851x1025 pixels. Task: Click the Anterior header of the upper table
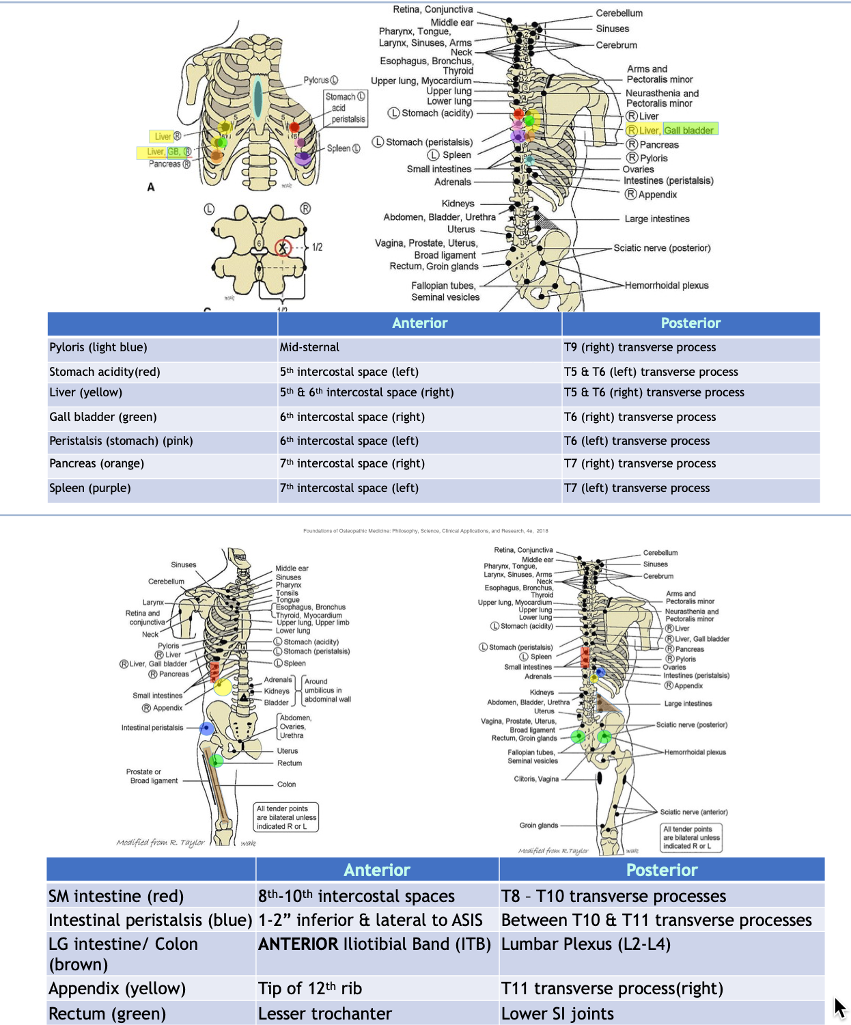coord(419,323)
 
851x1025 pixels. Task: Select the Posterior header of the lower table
coord(661,870)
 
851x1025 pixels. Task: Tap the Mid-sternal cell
coord(309,347)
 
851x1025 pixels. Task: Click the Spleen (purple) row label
coord(90,488)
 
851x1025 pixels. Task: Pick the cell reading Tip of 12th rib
coord(310,988)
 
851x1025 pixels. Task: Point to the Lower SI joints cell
coord(557,1013)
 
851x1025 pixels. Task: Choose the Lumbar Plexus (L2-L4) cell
coord(585,944)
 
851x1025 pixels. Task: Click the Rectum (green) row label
coord(107,1013)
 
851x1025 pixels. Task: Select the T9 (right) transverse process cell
coord(639,347)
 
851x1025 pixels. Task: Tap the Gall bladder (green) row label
coord(103,417)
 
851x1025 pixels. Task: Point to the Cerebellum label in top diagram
coord(619,13)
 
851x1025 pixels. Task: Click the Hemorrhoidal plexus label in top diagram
coord(666,286)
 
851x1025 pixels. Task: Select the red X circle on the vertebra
coord(283,247)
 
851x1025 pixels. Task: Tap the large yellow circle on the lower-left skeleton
coord(222,687)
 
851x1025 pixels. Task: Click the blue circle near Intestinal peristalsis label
coord(206,728)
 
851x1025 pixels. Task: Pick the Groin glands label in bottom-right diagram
coord(538,825)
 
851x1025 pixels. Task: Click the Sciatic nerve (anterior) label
coord(693,812)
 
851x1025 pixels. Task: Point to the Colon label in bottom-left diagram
coord(286,784)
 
